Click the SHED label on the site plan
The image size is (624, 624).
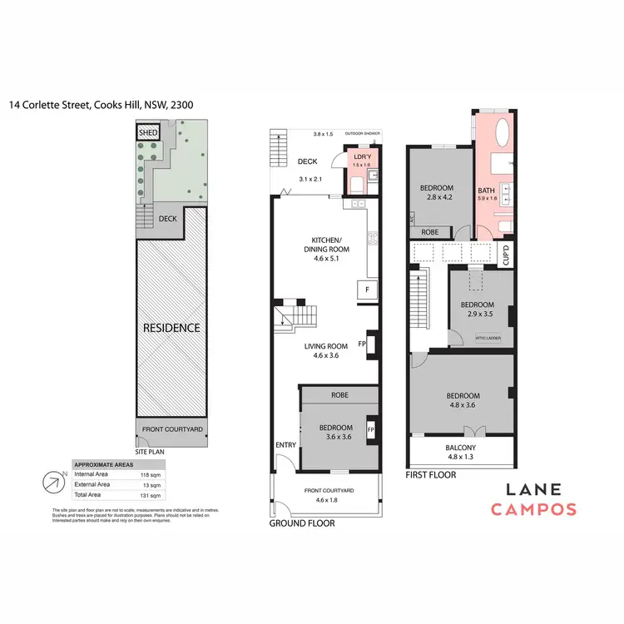coord(148,132)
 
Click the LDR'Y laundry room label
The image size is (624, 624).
coord(362,158)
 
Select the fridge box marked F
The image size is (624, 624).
coord(367,290)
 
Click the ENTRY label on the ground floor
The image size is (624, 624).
coord(285,445)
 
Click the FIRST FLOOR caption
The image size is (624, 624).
coord(431,475)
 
